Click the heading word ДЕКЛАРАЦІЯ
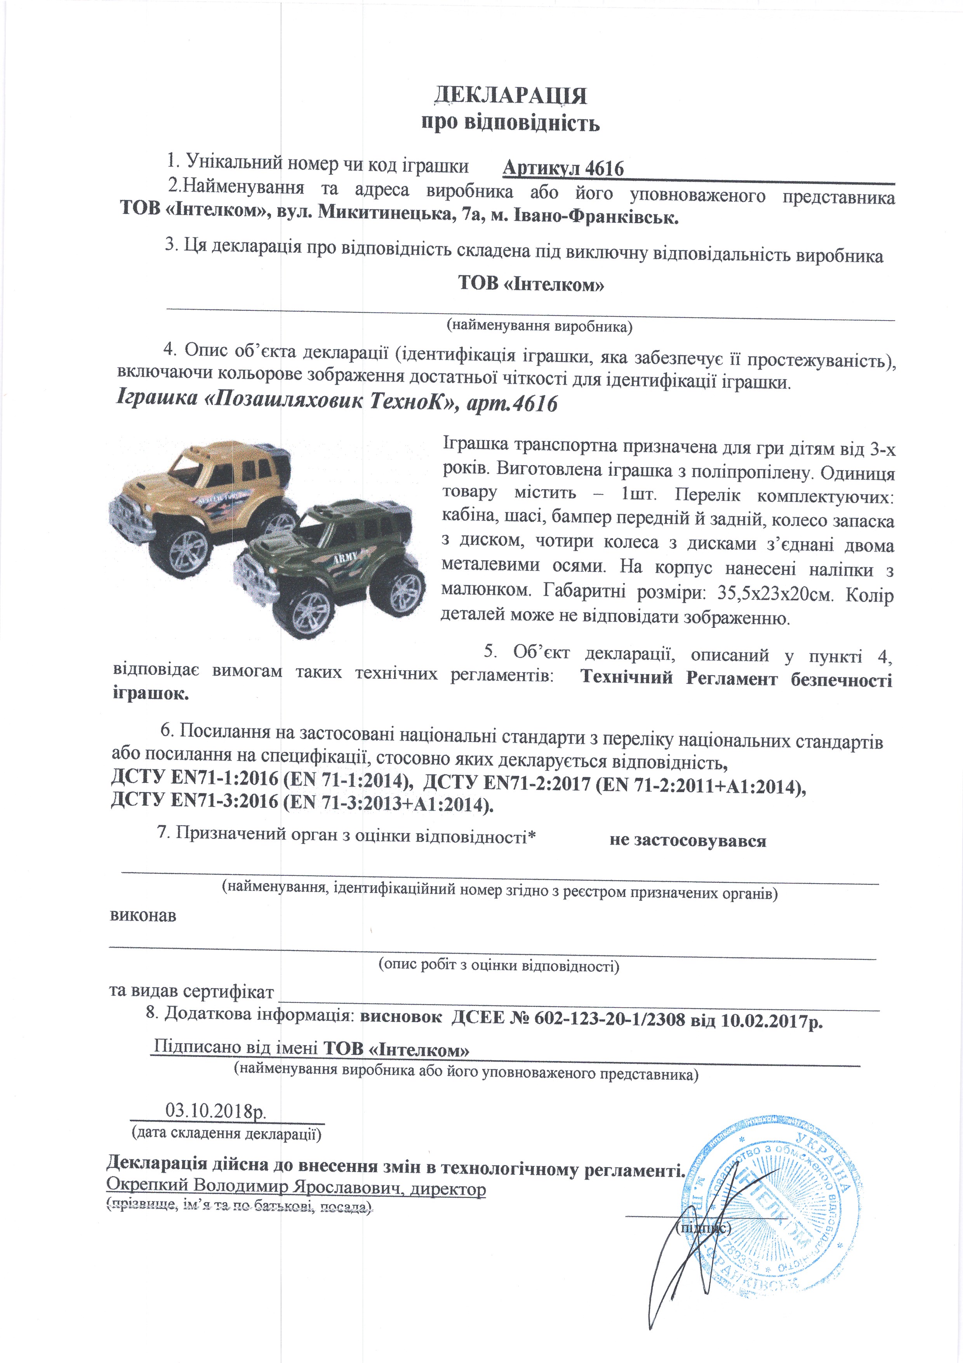(510, 95)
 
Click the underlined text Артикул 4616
(563, 169)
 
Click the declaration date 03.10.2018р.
(216, 1110)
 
